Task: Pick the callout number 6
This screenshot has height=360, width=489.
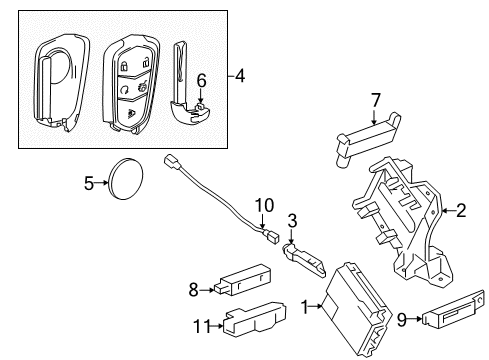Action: tap(200, 79)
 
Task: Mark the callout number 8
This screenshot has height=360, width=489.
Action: tap(194, 290)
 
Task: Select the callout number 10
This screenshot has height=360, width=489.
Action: tap(262, 205)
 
